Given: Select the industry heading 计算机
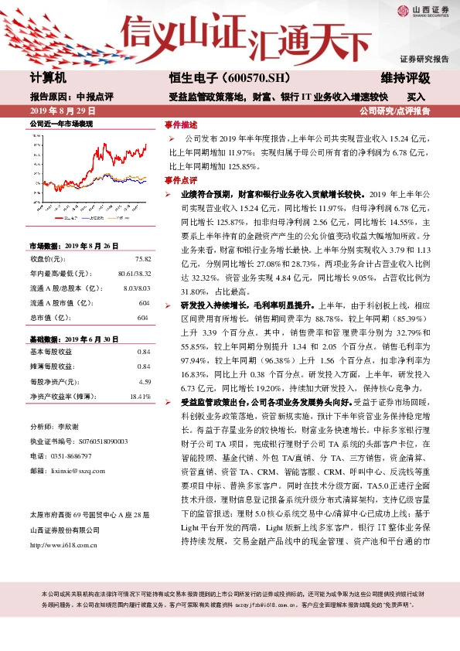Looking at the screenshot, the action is tap(48, 78).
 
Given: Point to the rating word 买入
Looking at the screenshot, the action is tap(417, 97).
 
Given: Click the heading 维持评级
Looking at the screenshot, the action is tap(405, 78).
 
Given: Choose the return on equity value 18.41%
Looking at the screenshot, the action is tap(138, 397).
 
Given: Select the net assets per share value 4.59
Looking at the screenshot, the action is tap(143, 382).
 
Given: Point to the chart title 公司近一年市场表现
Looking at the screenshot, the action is tap(60, 123).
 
